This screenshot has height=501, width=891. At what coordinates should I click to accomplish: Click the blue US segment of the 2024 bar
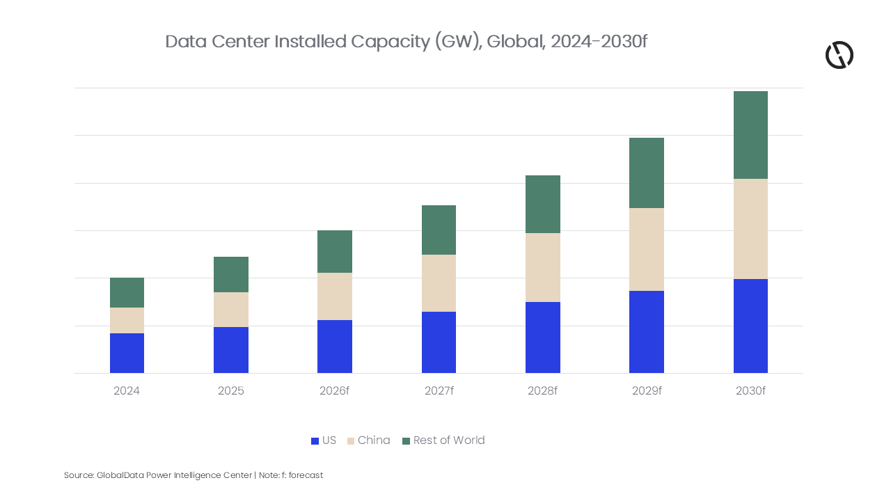[x=127, y=353]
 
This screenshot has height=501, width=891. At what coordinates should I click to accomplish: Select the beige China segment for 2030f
[x=750, y=229]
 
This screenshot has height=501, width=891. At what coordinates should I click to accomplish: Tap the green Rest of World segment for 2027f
[x=439, y=230]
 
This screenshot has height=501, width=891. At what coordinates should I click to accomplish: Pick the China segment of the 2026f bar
[x=335, y=296]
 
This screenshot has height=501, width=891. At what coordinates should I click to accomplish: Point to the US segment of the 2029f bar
[x=647, y=332]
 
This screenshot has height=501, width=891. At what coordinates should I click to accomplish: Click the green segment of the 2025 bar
[x=231, y=274]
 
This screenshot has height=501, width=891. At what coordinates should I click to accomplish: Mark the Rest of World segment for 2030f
[x=750, y=135]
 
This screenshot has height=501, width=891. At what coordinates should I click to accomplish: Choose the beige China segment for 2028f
[x=543, y=268]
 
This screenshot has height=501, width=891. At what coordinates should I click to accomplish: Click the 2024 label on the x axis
[x=127, y=391]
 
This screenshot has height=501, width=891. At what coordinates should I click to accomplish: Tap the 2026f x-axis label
[x=335, y=391]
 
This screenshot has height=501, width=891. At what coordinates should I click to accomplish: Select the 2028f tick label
[x=542, y=391]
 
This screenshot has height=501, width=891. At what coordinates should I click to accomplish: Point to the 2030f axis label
[x=750, y=391]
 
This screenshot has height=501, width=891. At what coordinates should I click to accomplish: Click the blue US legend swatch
[x=315, y=441]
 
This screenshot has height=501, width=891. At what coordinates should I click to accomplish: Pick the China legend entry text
[x=374, y=440]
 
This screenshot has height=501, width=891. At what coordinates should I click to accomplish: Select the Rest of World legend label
[x=449, y=440]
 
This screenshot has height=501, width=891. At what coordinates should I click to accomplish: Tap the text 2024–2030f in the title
[x=599, y=41]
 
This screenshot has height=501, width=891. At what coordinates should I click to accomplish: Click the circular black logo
[x=839, y=55]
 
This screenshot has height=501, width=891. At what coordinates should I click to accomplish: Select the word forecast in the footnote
[x=306, y=475]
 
